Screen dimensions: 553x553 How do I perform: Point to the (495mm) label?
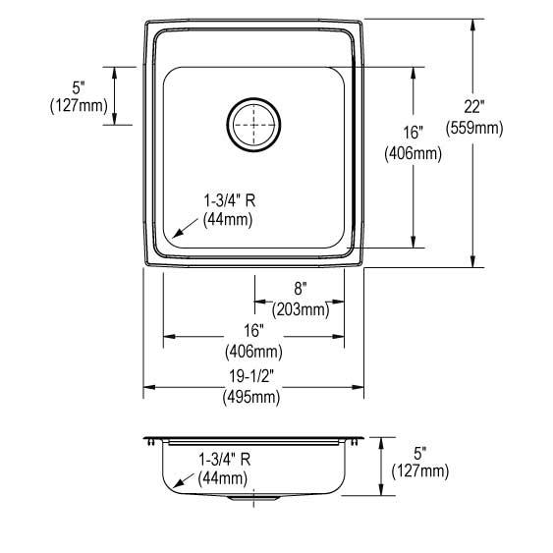point(254,398)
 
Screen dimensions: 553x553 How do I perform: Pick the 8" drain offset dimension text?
point(300,289)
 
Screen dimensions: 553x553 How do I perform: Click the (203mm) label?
point(300,309)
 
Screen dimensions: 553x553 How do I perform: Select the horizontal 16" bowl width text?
point(254,331)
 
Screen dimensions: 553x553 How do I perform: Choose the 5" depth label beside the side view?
point(419,453)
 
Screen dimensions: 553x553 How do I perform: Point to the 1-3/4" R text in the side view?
point(225,459)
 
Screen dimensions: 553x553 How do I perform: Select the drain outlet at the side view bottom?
point(253,500)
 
